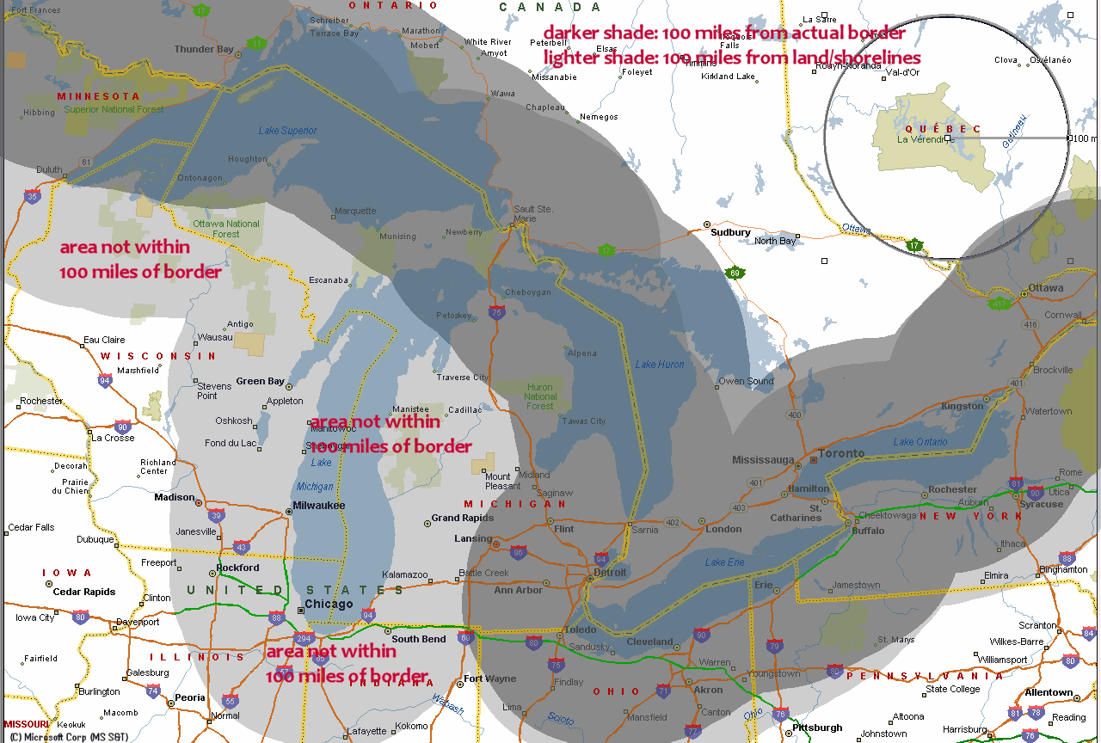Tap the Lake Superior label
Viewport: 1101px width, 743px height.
[x=287, y=131]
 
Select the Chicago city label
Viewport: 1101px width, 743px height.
[x=329, y=604]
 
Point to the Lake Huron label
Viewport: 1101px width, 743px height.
[x=660, y=365]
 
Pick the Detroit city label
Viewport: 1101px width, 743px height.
[x=610, y=572]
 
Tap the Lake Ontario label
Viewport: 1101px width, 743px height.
[x=920, y=442]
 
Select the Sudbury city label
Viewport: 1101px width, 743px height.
[x=730, y=232]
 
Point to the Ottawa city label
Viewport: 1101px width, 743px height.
[x=1045, y=287]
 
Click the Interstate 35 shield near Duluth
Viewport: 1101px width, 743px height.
[x=33, y=196]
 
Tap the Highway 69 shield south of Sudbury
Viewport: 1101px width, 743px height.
[x=734, y=273]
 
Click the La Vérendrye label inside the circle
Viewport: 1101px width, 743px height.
[x=920, y=139]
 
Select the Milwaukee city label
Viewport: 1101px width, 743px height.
[x=318, y=505]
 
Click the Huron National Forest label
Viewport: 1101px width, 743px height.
[x=540, y=397]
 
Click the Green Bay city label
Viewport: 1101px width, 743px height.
[x=260, y=381]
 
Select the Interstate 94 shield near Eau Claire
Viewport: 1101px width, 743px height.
[x=104, y=380]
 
